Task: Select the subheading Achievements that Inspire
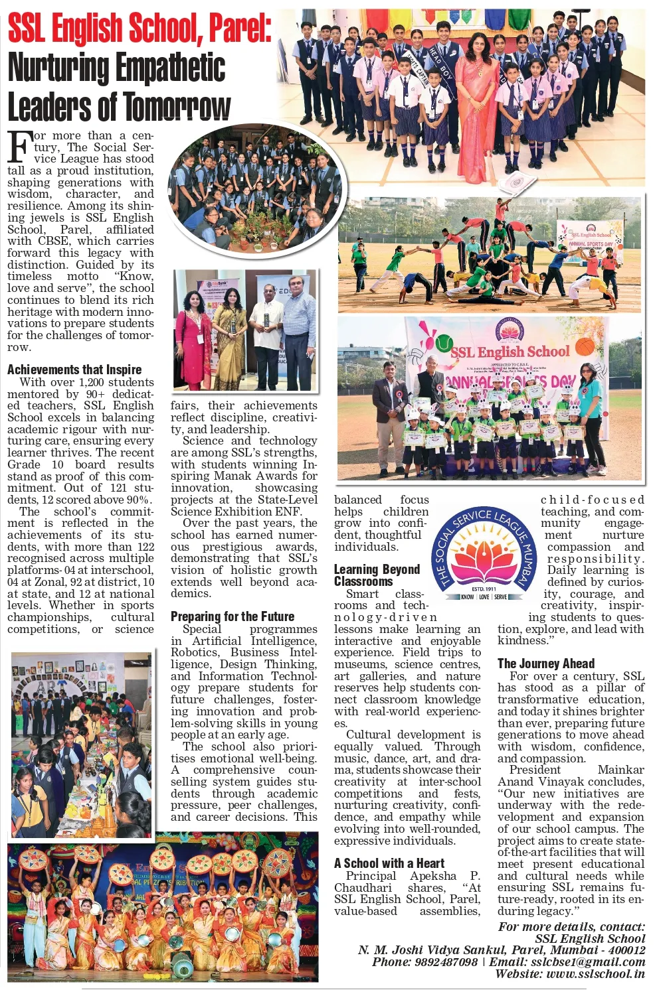(x=74, y=370)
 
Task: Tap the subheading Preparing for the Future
(x=232, y=616)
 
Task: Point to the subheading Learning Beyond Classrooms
(x=377, y=575)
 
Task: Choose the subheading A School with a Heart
(x=389, y=863)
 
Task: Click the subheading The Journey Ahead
(x=545, y=664)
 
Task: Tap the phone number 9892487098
(x=444, y=962)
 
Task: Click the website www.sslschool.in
(x=595, y=974)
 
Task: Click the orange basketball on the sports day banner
(x=585, y=346)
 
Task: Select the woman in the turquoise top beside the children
(x=590, y=411)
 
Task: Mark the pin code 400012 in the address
(x=626, y=950)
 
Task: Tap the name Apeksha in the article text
(x=433, y=876)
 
